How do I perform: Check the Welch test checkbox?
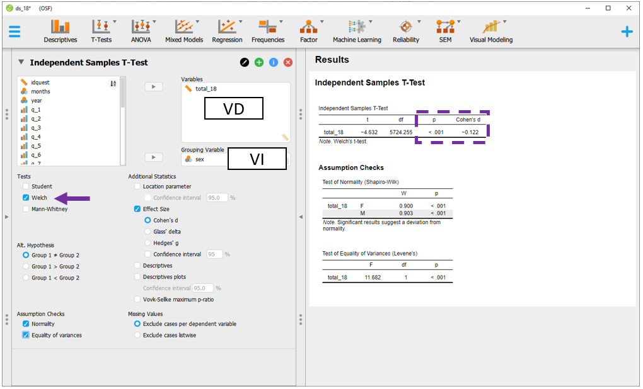26,198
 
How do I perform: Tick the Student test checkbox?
26,186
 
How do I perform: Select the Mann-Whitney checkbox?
26,209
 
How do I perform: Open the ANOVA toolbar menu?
141,31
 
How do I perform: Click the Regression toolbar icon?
227,26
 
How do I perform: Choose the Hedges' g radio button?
148,243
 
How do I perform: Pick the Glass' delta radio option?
148,232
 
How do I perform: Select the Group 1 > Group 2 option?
26,266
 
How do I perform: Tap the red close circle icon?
288,62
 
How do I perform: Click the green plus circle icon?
258,62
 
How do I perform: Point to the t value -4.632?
369,132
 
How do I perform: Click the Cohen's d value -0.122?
470,132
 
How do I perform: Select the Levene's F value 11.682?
373,277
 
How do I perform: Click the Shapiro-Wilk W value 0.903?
406,213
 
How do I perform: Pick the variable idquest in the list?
40,82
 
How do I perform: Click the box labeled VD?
234,108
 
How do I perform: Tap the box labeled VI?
257,159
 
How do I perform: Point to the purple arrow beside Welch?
72,199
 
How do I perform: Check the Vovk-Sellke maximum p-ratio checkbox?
137,300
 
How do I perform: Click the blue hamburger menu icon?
14,31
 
